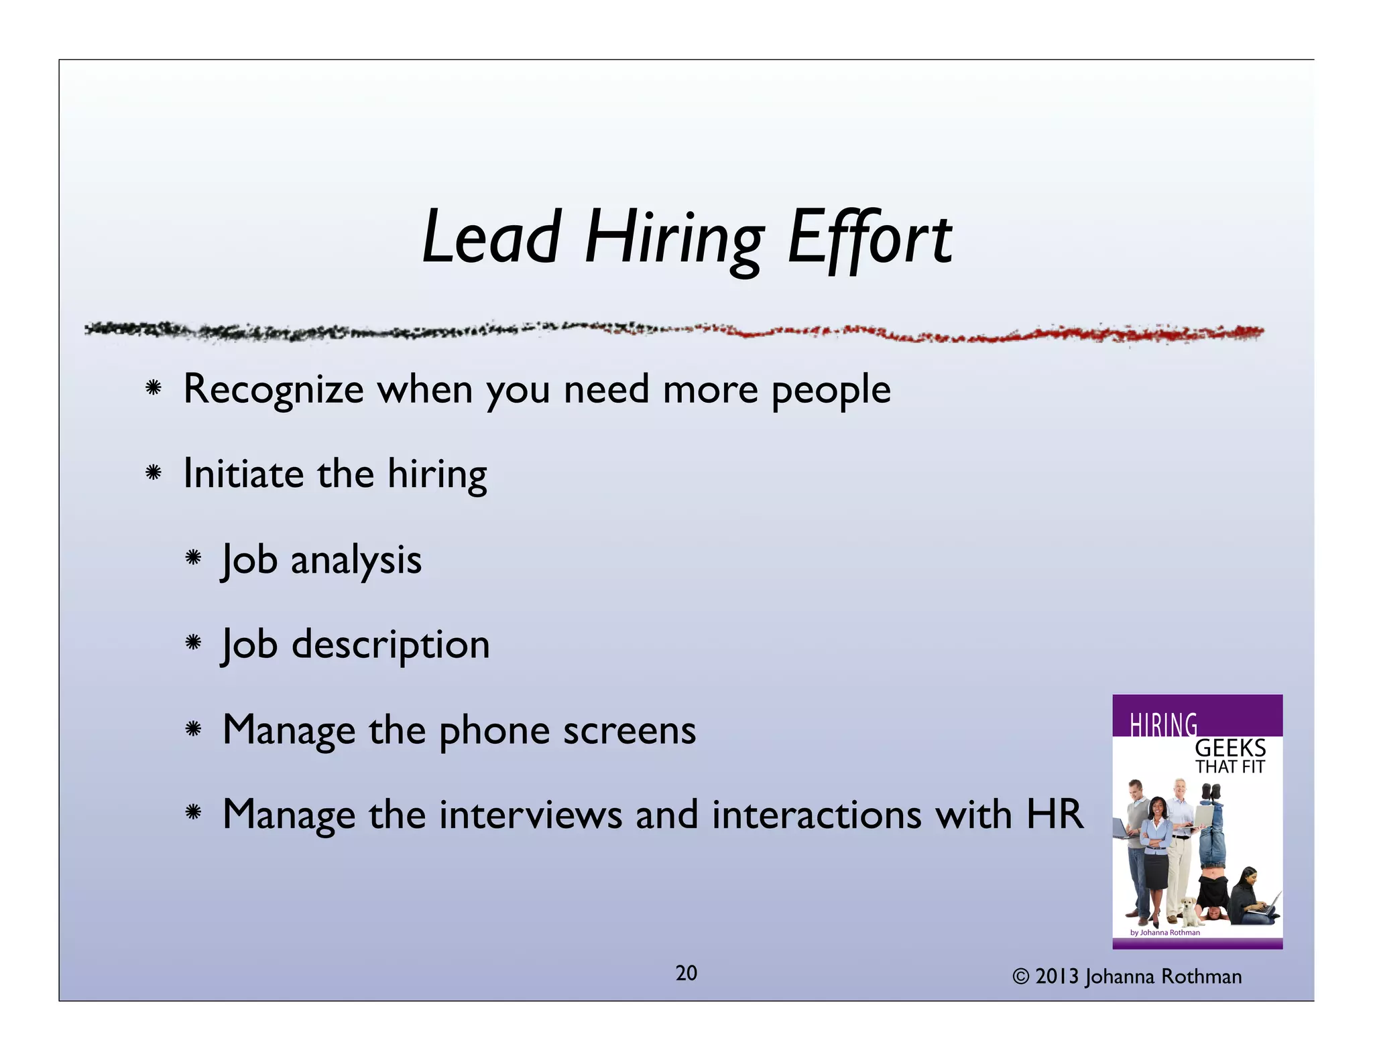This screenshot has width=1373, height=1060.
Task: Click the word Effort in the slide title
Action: (869, 238)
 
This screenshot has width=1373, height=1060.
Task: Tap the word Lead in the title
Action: (491, 238)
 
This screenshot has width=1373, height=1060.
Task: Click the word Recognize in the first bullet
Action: (273, 389)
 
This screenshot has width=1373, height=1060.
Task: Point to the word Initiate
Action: (243, 474)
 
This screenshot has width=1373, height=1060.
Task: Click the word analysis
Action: (356, 561)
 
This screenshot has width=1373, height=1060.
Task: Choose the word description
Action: (391, 645)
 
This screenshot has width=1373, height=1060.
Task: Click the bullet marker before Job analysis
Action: (193, 557)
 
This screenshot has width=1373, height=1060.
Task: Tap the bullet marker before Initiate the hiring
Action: (154, 473)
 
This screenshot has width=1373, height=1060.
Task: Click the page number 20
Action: (686, 973)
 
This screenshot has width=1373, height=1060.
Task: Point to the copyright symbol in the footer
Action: (1020, 977)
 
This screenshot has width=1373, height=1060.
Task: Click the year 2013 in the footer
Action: (1057, 977)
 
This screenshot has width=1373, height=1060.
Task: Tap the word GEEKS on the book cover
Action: (1230, 748)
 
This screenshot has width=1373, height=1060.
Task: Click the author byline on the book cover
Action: (1165, 932)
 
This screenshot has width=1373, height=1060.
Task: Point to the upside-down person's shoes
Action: (1211, 792)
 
